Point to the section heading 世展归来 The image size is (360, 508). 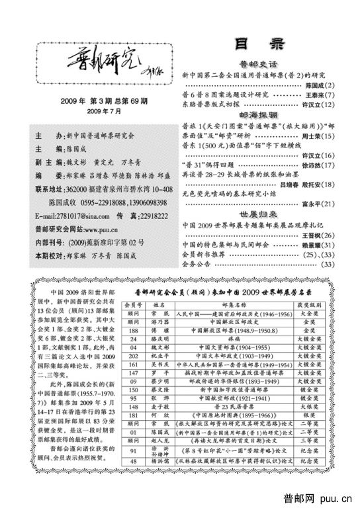pos(259,216)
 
